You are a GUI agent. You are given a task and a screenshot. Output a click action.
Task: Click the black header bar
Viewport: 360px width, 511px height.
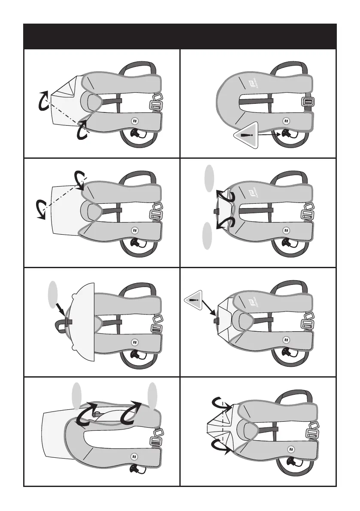click(x=180, y=36)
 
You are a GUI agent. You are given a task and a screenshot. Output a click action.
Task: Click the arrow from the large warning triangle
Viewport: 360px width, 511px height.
click(x=270, y=135)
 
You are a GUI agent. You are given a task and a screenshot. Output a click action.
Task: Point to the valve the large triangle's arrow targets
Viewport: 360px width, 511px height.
click(x=285, y=134)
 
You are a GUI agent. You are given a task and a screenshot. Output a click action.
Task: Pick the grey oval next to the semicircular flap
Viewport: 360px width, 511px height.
click(x=53, y=293)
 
